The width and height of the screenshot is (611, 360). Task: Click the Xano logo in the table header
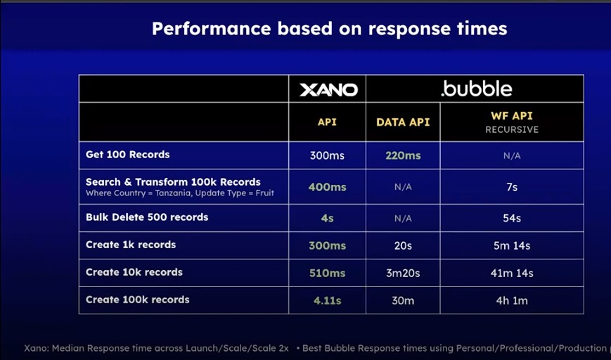tap(328, 89)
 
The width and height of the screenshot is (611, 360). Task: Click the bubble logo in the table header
tap(476, 89)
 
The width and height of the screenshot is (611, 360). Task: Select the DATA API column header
tap(403, 122)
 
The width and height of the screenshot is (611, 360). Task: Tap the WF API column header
tap(511, 116)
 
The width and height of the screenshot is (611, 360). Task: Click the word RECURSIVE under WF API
tap(511, 130)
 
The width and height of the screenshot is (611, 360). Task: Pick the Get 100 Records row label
tap(127, 154)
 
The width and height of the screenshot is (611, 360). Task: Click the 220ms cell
tap(403, 155)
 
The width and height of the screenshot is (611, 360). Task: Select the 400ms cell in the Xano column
tap(327, 187)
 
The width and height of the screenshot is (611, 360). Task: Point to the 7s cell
tap(511, 187)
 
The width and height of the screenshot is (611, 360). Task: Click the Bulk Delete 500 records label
tap(147, 217)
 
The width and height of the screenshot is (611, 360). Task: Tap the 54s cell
tap(511, 218)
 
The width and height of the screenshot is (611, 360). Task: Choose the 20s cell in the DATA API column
tap(403, 245)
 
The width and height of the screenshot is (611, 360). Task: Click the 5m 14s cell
tap(511, 245)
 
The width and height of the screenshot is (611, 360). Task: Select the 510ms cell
tap(327, 273)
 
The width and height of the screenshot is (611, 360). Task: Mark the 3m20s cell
tap(403, 273)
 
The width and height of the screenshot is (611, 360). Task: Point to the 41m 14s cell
tap(511, 273)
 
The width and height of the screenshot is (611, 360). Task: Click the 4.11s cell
tap(327, 300)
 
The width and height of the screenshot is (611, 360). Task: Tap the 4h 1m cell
tap(511, 300)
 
